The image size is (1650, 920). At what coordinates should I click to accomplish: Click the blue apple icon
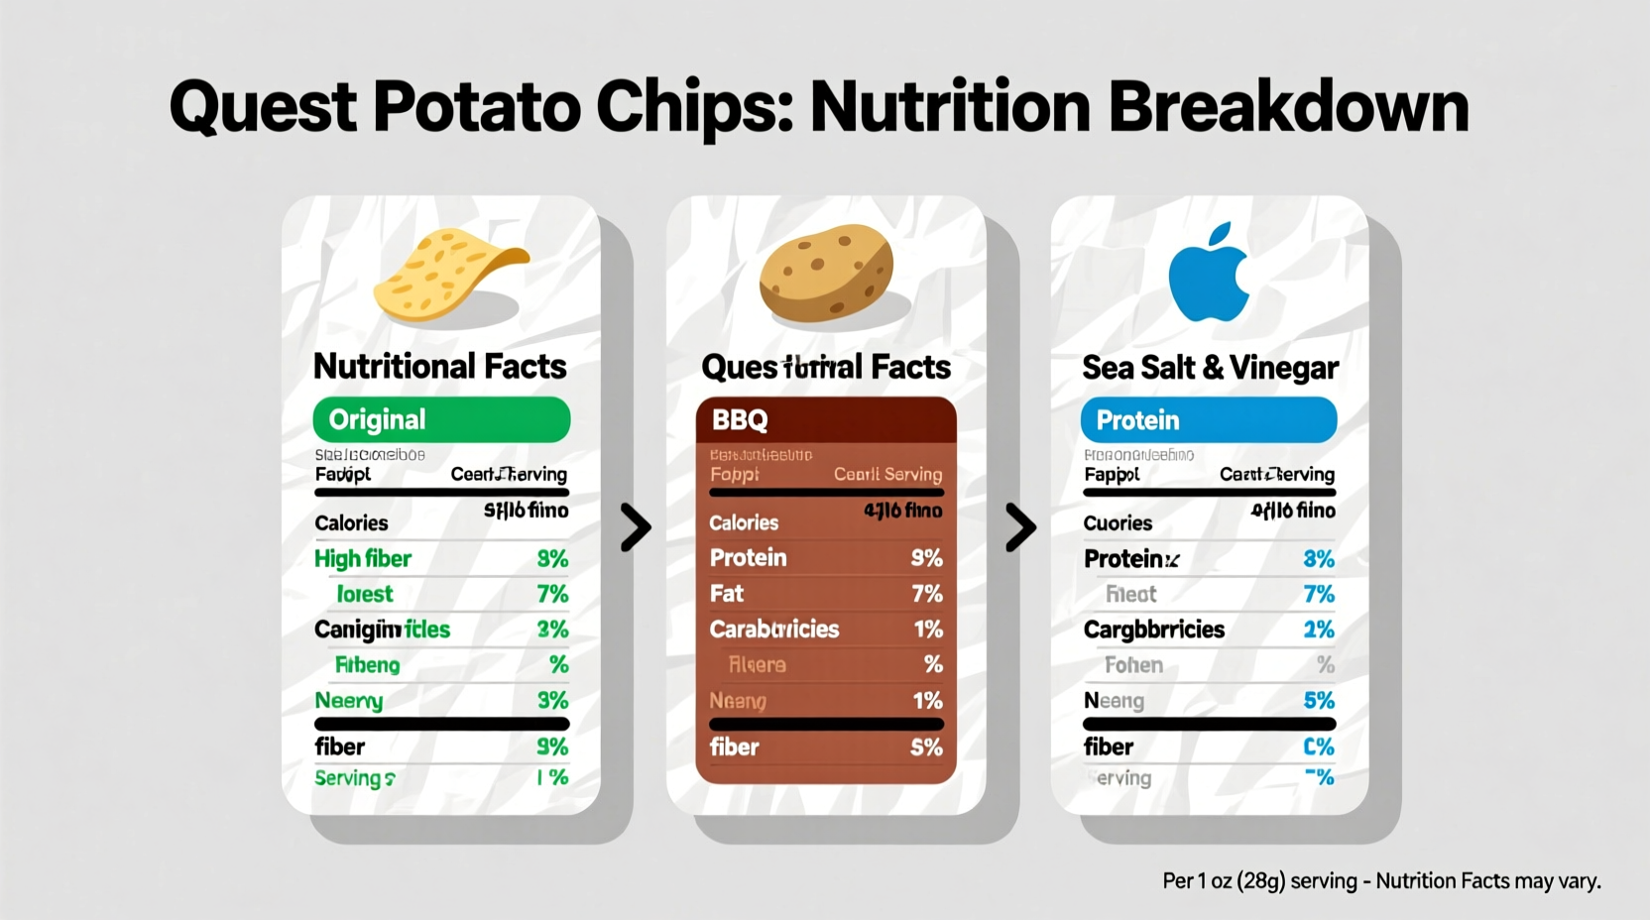[x=1209, y=272]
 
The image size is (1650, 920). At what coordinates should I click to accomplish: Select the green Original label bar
[x=441, y=419]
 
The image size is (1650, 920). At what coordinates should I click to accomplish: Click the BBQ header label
[x=740, y=419]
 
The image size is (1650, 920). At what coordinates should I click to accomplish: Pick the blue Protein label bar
[x=1208, y=419]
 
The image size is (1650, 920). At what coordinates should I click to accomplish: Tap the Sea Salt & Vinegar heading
[x=1210, y=368]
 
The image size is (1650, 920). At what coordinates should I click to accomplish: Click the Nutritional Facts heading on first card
[x=439, y=367]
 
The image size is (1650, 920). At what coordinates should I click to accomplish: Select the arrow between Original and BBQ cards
[x=636, y=526]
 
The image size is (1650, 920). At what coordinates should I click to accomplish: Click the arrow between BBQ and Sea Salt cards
[x=1019, y=526]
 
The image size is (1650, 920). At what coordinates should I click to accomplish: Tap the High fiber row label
[x=362, y=559]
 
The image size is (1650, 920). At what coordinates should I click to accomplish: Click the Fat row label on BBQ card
[x=726, y=594]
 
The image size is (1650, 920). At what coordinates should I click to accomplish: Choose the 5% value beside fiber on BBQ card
[x=926, y=747]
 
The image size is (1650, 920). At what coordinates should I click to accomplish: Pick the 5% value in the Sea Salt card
[x=1318, y=701]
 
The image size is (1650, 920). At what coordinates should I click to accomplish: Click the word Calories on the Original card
[x=351, y=522]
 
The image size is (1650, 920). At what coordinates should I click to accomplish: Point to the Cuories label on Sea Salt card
[x=1117, y=523]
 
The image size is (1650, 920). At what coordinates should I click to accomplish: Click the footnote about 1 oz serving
[x=1381, y=880]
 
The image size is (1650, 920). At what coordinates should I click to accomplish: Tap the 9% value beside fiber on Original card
[x=552, y=747]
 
